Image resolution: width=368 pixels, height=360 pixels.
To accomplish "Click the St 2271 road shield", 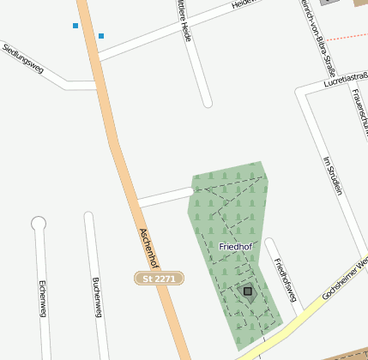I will [x=159, y=279].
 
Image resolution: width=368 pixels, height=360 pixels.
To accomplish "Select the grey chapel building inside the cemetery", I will [x=248, y=292].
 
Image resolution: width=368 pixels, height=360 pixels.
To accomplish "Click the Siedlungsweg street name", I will [x=23, y=59].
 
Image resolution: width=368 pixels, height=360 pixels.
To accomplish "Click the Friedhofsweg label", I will [x=285, y=279].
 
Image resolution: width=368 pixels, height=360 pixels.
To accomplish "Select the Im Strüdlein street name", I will [x=332, y=176].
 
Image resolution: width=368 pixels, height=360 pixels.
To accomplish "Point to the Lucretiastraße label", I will [x=345, y=80].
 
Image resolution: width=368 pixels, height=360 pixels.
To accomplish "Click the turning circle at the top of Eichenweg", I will [x=38, y=224].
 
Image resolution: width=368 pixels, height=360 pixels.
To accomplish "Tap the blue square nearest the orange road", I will [x=101, y=36].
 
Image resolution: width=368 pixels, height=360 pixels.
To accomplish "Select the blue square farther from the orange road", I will [x=75, y=26].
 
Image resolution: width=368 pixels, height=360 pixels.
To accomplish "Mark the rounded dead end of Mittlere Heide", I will [x=207, y=103].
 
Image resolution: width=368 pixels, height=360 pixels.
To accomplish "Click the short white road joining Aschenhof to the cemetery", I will [x=165, y=197].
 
